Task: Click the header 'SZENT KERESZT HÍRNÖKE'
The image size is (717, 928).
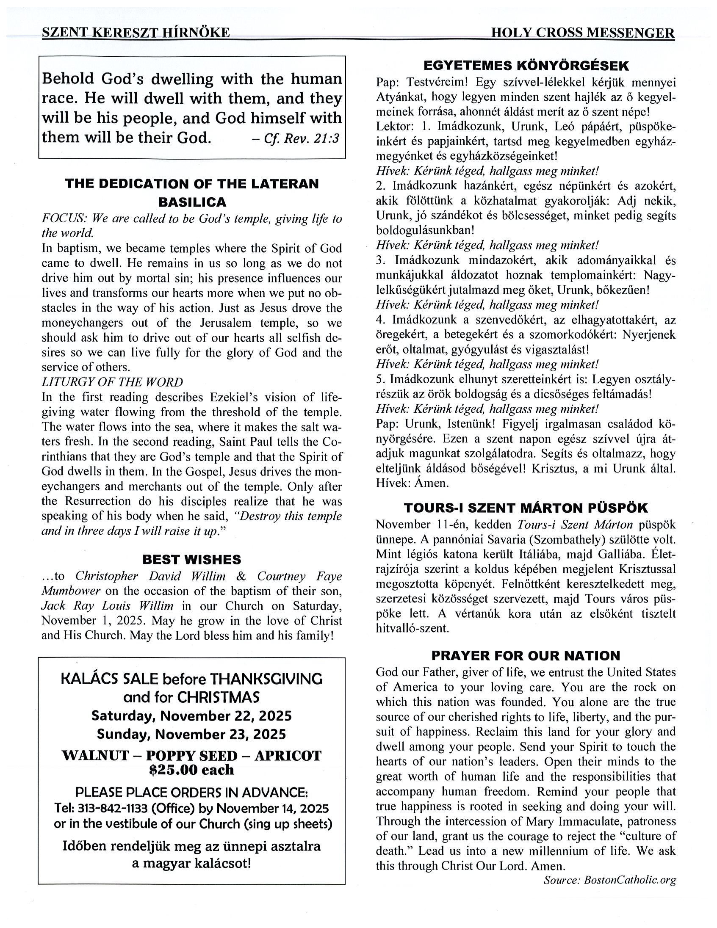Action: coord(136,33)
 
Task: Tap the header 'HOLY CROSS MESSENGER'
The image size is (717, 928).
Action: coord(582,33)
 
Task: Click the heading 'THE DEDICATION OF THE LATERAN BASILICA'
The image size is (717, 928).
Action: coord(192,193)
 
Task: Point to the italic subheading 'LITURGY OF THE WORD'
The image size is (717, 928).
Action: coord(112,382)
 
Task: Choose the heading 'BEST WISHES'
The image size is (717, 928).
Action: coord(192,559)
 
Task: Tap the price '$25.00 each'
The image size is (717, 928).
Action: coord(192,770)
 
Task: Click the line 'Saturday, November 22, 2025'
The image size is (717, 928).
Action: coord(192,716)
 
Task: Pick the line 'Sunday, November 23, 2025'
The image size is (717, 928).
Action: coord(192,734)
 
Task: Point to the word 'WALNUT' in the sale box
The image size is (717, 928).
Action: coord(95,756)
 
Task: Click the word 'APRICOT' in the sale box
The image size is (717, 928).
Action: coord(288,756)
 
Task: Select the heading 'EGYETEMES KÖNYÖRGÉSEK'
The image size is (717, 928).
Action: coord(526,66)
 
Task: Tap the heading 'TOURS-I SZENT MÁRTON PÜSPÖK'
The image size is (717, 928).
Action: coord(526,508)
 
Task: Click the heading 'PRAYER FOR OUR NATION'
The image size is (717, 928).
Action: coord(526,656)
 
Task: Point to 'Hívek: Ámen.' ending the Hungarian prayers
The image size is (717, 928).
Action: coord(412,483)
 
